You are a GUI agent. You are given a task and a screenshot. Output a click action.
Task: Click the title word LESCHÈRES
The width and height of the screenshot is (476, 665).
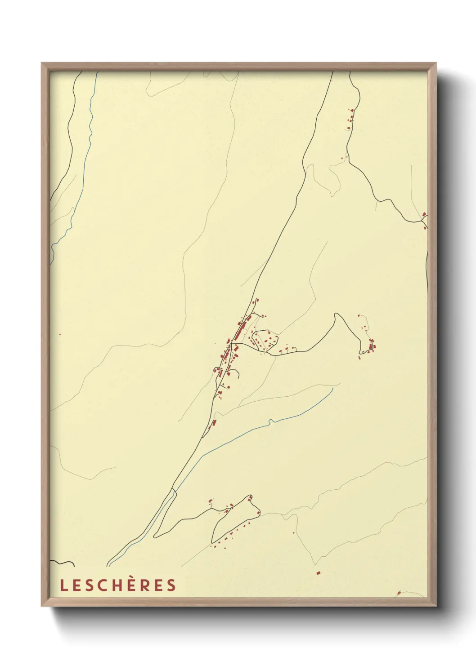(x=118, y=585)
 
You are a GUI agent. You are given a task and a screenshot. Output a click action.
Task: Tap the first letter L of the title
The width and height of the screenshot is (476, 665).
(x=63, y=585)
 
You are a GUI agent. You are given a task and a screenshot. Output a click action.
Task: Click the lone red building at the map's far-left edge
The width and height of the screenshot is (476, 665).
(x=60, y=334)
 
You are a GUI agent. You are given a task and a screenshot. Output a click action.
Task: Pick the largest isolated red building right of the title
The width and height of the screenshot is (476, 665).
(x=318, y=573)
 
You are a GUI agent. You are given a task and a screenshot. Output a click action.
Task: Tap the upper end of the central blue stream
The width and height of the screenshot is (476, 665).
(x=332, y=389)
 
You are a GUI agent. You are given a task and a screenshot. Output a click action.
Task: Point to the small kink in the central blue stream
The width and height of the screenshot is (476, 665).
(x=270, y=421)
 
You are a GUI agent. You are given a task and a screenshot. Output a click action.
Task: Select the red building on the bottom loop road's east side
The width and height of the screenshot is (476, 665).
(x=259, y=513)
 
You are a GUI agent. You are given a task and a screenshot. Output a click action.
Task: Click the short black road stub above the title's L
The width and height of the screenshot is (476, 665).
(x=63, y=562)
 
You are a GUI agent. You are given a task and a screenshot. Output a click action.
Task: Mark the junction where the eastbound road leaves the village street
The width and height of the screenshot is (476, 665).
(x=232, y=344)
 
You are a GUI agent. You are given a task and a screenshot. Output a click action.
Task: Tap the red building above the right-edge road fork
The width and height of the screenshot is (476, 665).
(x=424, y=214)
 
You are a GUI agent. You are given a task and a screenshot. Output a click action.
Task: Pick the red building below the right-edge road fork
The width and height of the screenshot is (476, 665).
(x=425, y=228)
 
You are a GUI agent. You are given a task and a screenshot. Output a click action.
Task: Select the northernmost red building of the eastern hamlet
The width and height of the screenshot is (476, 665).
(x=359, y=316)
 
